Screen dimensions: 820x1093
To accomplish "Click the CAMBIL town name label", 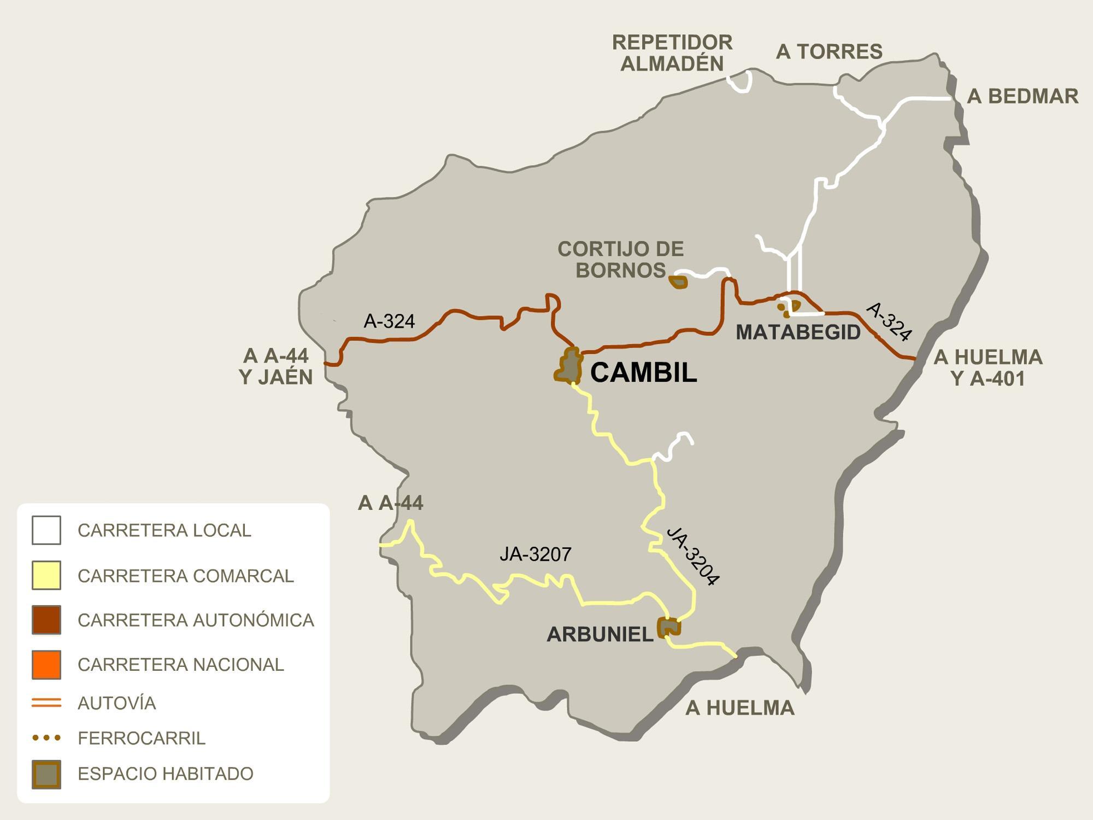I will pyautogui.click(x=643, y=373).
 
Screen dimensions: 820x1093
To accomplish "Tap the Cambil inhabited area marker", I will pyautogui.click(x=568, y=366).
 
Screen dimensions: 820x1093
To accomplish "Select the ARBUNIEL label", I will pyautogui.click(x=600, y=634).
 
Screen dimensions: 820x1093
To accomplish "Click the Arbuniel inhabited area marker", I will pyautogui.click(x=668, y=627).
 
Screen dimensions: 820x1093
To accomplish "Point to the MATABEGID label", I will pyautogui.click(x=798, y=332).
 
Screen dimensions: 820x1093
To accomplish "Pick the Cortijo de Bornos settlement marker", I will pyautogui.click(x=678, y=282).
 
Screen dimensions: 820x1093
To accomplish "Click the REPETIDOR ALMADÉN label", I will pyautogui.click(x=672, y=53).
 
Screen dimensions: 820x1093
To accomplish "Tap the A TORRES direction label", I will pyautogui.click(x=829, y=52).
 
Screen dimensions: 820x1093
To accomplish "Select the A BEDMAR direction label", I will pyautogui.click(x=1023, y=96).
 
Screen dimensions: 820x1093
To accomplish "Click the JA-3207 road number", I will pyautogui.click(x=535, y=554).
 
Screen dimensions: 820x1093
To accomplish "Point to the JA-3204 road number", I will pyautogui.click(x=692, y=555).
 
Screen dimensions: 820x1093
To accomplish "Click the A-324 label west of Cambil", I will pyautogui.click(x=389, y=321).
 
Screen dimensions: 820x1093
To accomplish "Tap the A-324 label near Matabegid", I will pyautogui.click(x=889, y=322).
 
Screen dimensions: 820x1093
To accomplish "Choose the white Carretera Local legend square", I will pyautogui.click(x=46, y=530).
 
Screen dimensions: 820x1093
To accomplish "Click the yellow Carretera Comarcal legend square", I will pyautogui.click(x=46, y=575).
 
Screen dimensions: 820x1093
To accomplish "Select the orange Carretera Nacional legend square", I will pyautogui.click(x=46, y=664).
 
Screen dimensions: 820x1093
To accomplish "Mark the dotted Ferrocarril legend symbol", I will pyautogui.click(x=46, y=738).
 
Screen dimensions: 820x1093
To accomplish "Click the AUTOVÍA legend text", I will pyautogui.click(x=117, y=703).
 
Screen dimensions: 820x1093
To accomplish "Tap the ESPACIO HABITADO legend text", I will pyautogui.click(x=166, y=774).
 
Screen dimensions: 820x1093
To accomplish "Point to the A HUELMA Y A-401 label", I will pyautogui.click(x=988, y=368).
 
